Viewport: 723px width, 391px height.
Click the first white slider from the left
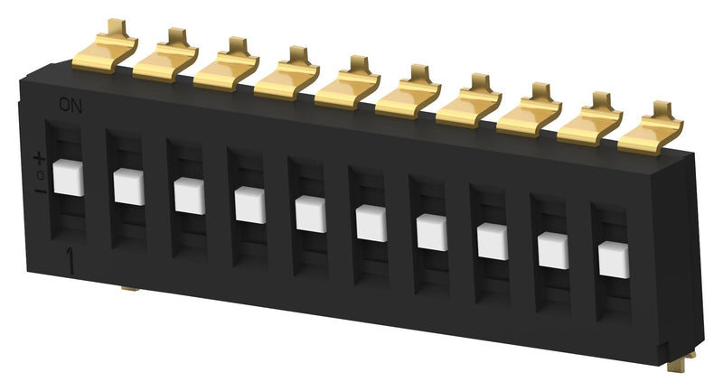(x=69, y=178)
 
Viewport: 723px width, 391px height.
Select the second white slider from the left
(x=129, y=187)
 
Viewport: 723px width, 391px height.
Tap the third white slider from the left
(x=190, y=196)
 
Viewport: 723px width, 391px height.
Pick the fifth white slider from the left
(x=311, y=214)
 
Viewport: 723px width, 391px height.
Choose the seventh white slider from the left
(x=432, y=232)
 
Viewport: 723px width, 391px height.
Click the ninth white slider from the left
(x=553, y=250)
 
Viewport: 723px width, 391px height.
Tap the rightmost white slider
(x=614, y=258)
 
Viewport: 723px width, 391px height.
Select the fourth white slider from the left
(x=250, y=205)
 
